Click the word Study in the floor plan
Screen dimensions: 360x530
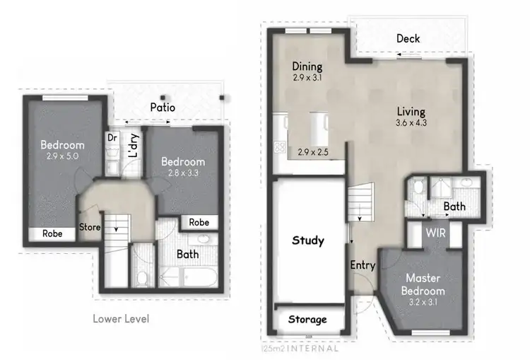pyautogui.click(x=308, y=241)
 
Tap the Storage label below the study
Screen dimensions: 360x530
pyautogui.click(x=308, y=320)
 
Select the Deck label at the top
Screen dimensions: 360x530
pyautogui.click(x=409, y=39)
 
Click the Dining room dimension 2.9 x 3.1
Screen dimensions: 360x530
pyautogui.click(x=307, y=79)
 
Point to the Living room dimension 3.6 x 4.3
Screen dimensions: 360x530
pyautogui.click(x=411, y=123)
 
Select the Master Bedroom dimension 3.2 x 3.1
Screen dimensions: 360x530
pyautogui.click(x=423, y=302)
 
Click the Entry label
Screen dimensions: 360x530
pyautogui.click(x=363, y=265)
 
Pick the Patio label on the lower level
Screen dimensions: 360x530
pyautogui.click(x=162, y=108)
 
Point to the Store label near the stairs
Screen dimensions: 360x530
pyautogui.click(x=90, y=228)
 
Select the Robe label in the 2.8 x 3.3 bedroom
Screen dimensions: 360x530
pyautogui.click(x=199, y=222)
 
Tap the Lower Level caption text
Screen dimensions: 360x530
pyautogui.click(x=121, y=319)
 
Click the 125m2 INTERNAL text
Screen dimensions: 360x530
pyautogui.click(x=300, y=348)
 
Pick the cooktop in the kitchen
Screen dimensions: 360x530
pyautogui.click(x=279, y=148)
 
